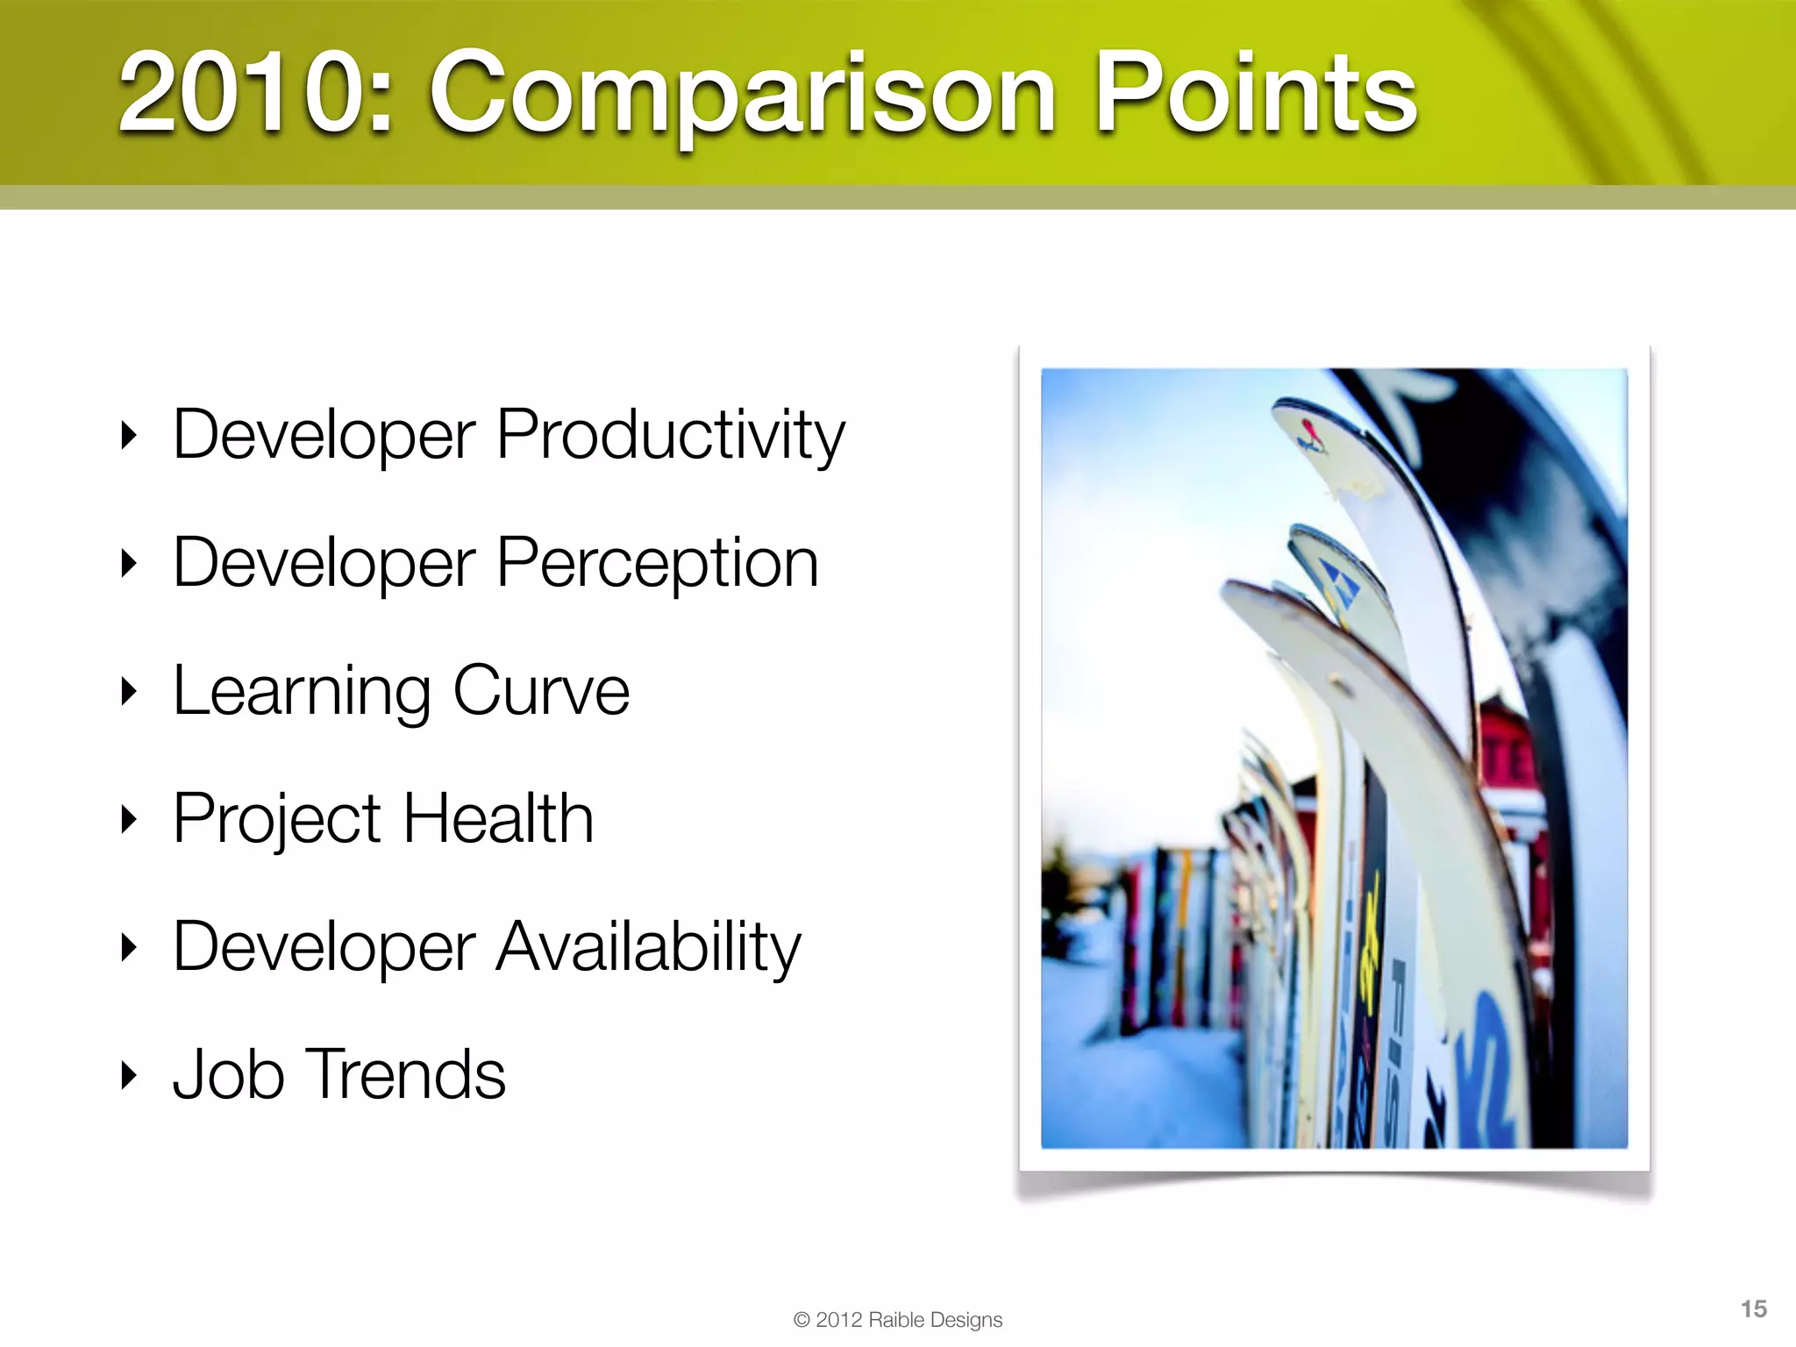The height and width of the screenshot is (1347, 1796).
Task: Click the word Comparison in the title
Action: pyautogui.click(x=741, y=95)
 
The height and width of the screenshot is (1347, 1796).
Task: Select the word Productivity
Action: pyautogui.click(x=670, y=436)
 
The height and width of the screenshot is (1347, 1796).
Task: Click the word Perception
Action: pyautogui.click(x=657, y=564)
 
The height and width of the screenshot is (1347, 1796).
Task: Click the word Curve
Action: pyautogui.click(x=541, y=691)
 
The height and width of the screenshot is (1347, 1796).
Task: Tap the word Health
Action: pyautogui.click(x=497, y=818)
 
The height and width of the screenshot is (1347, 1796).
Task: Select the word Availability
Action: pyautogui.click(x=648, y=948)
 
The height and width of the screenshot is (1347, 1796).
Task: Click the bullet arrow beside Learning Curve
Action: pyautogui.click(x=129, y=692)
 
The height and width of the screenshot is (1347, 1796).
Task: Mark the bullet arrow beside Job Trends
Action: pyautogui.click(x=129, y=1075)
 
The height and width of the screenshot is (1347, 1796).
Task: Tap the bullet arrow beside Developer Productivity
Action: pyautogui.click(x=129, y=435)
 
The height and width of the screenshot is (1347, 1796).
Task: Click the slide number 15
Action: pyautogui.click(x=1753, y=1309)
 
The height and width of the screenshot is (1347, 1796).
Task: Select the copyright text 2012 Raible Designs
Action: pyautogui.click(x=898, y=1320)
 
